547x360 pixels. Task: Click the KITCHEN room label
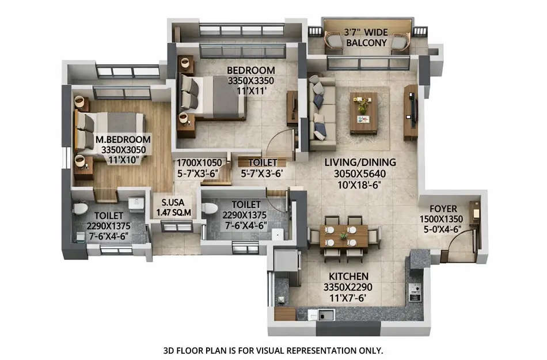click(x=345, y=276)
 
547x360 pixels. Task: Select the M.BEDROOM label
click(x=123, y=140)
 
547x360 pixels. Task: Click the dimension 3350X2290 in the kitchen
click(x=345, y=287)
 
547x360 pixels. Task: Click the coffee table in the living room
click(x=363, y=112)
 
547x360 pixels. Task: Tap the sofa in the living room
click(x=321, y=109)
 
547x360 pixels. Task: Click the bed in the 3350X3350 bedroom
click(x=210, y=95)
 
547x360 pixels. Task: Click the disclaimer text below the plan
click(x=273, y=350)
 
